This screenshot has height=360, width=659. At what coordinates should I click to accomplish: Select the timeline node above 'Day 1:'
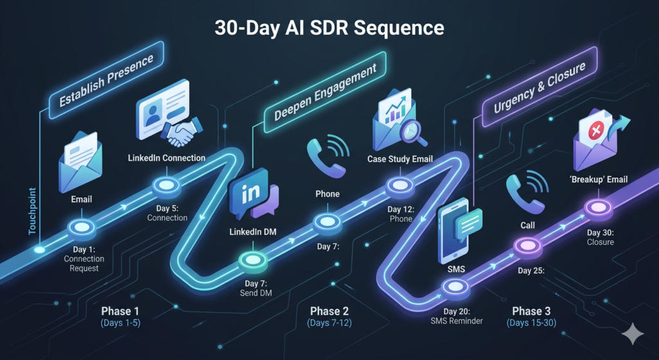coord(82,227)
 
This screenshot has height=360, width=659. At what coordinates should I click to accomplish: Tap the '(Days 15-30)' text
coord(532,322)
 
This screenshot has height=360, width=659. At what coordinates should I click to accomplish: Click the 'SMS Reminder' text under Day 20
coord(456,320)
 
